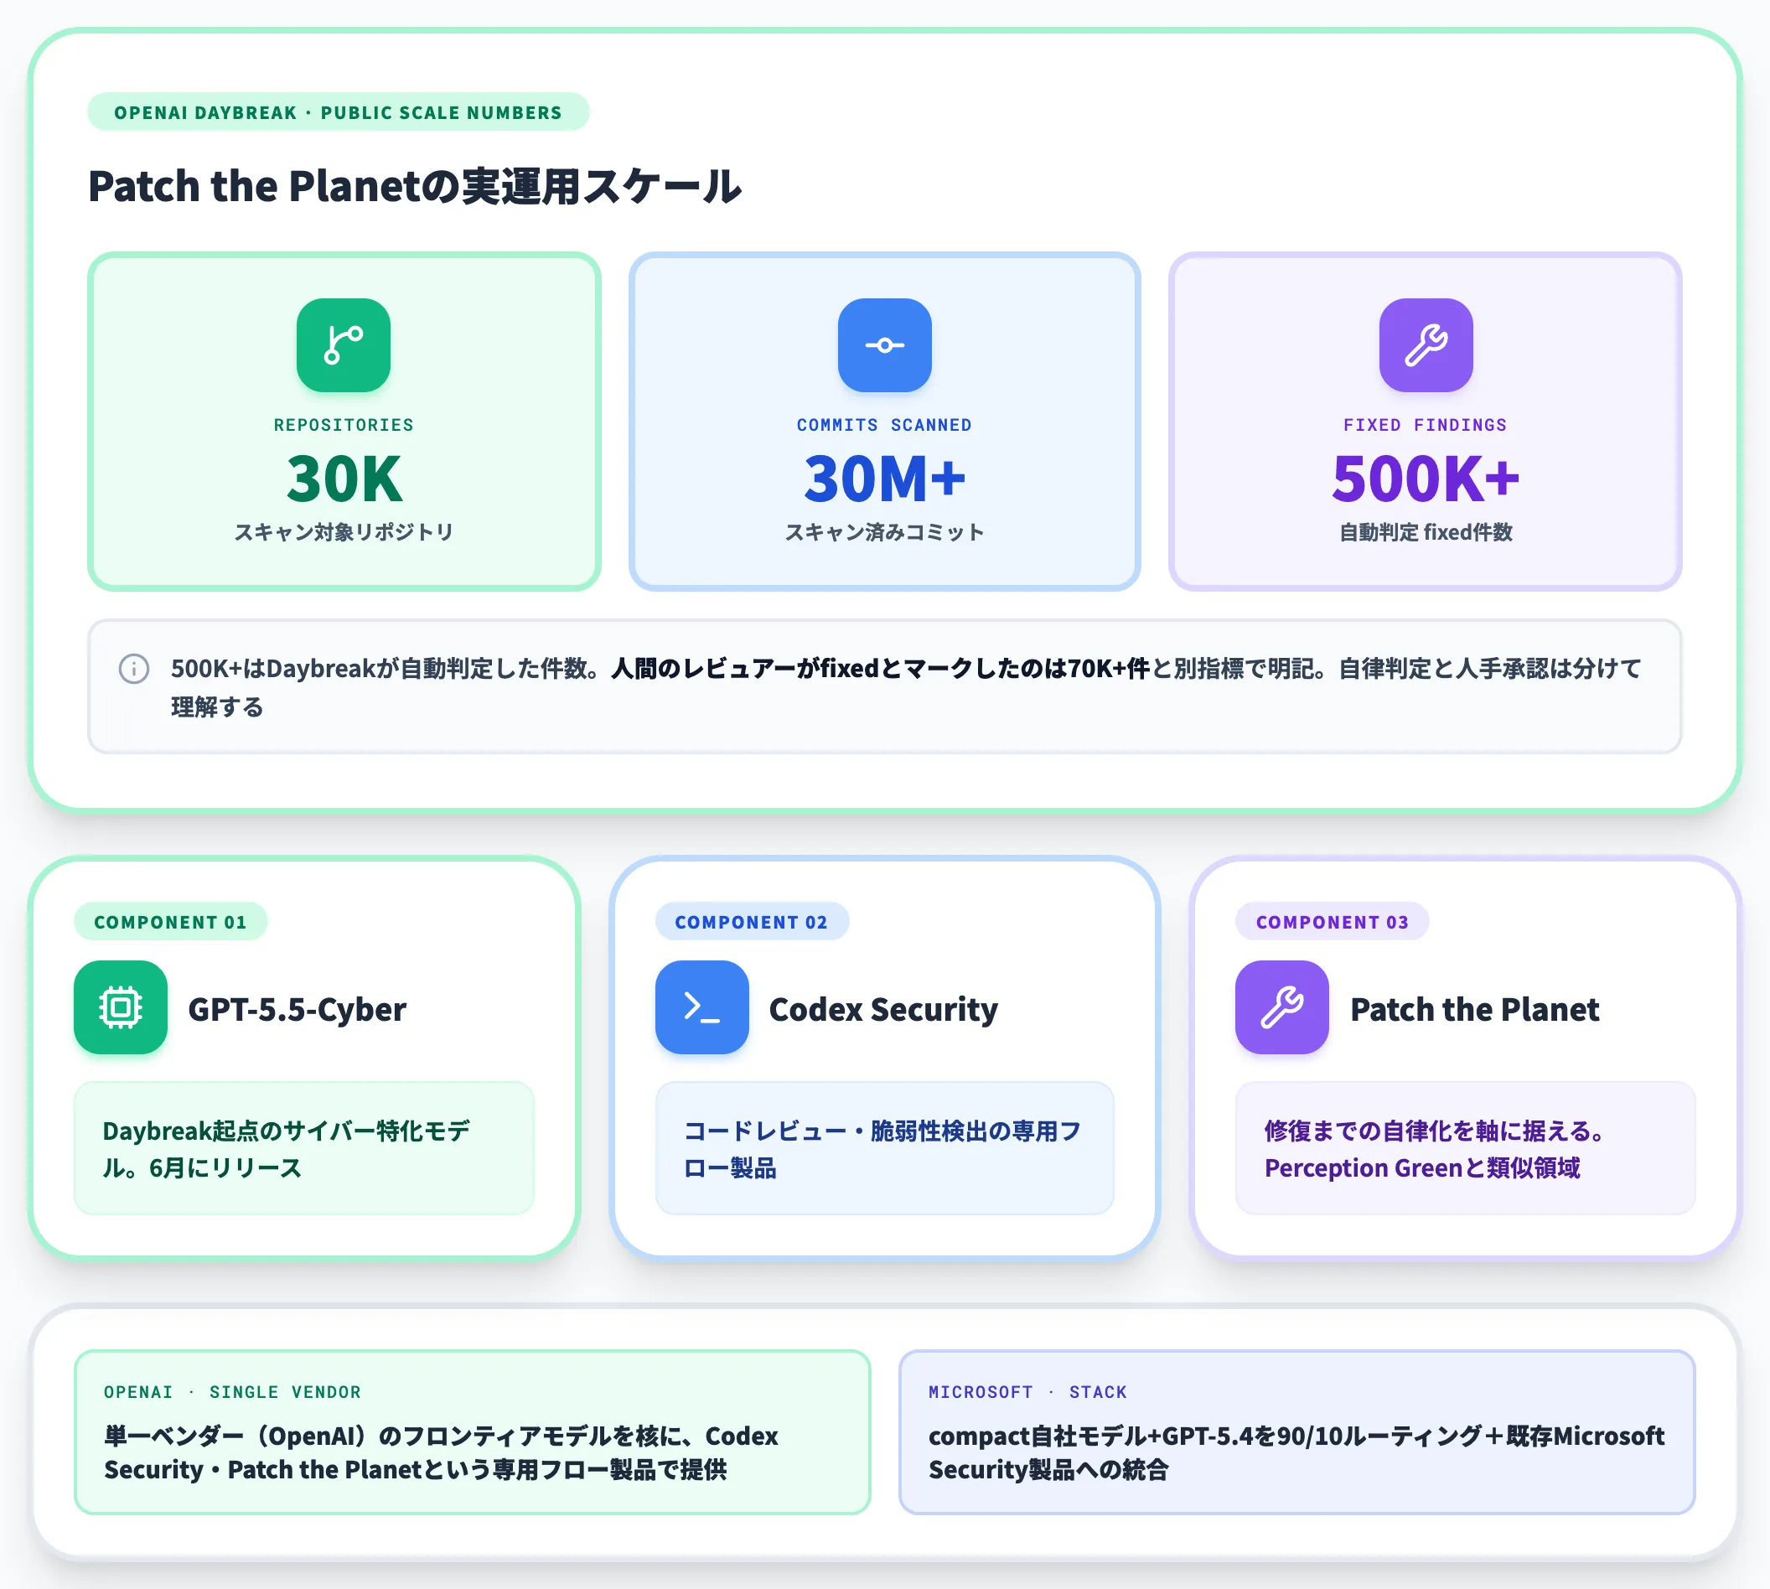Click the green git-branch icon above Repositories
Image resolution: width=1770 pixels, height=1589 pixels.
(x=343, y=344)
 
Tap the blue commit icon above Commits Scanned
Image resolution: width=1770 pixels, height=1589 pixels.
(x=884, y=344)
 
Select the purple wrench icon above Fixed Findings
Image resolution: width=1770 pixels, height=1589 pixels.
(x=1426, y=344)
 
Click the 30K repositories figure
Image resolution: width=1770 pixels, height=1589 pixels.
(x=344, y=479)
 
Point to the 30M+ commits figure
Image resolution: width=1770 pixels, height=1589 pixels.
(x=884, y=479)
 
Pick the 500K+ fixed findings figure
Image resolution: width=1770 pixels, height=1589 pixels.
(x=1426, y=479)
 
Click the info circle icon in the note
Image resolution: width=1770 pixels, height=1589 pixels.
(x=133, y=669)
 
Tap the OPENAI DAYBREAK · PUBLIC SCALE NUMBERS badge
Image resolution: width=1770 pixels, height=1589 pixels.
(x=338, y=111)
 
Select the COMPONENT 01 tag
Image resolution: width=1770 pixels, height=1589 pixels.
(x=170, y=922)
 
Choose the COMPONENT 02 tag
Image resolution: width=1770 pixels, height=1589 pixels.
(x=751, y=922)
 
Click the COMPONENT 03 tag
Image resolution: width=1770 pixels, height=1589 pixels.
(x=1332, y=922)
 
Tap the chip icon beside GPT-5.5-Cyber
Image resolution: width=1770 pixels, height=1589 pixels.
(x=121, y=1007)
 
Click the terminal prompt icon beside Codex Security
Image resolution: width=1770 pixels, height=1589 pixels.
(x=702, y=1007)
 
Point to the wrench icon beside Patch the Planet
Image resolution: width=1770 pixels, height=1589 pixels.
(x=1282, y=1007)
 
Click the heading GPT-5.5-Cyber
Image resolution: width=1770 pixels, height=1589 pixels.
(x=297, y=1009)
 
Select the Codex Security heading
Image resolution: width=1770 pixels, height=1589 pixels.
(x=883, y=1010)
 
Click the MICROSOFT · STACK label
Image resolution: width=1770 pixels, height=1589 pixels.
(x=1027, y=1392)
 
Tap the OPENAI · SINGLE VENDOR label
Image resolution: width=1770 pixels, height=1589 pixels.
(x=232, y=1392)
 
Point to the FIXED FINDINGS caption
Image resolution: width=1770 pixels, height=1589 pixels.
(x=1425, y=425)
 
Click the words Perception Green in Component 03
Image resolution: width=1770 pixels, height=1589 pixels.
(x=1363, y=1168)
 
